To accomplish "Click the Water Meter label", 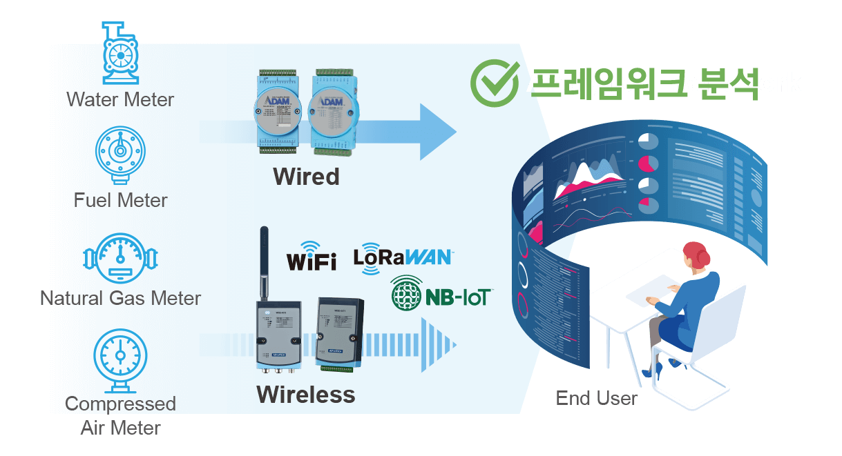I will click(x=121, y=99).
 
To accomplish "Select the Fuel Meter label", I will click(x=121, y=200).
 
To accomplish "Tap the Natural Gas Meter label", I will click(x=121, y=298).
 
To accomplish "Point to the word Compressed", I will click(x=121, y=404).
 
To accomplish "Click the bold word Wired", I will click(x=307, y=177).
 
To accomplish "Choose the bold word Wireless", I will click(x=305, y=395).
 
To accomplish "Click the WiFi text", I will click(x=312, y=261).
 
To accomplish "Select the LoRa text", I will click(x=379, y=257).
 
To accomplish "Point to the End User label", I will click(x=597, y=398).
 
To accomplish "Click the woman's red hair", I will click(x=697, y=254).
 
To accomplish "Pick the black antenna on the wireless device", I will click(x=263, y=262).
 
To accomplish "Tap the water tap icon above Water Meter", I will click(x=118, y=32).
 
